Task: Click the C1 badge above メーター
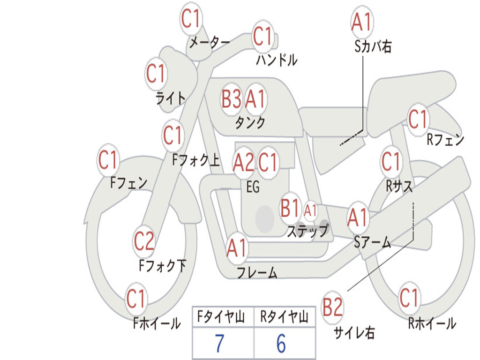point(191,19)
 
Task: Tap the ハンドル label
point(277,60)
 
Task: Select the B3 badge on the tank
point(232,99)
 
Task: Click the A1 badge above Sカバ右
point(362,22)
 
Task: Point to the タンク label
point(250,123)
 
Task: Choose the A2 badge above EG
point(243,162)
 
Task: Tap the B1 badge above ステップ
point(290,209)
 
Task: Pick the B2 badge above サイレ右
point(332,307)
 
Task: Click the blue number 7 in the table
point(219,344)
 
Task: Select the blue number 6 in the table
point(281,344)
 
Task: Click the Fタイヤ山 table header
point(221,317)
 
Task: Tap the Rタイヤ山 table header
point(284,317)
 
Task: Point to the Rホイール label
point(432,323)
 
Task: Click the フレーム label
point(257,272)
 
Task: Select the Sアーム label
point(373,242)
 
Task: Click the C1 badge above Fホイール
point(135,299)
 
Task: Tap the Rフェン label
point(445,140)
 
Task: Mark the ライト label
point(171,98)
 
